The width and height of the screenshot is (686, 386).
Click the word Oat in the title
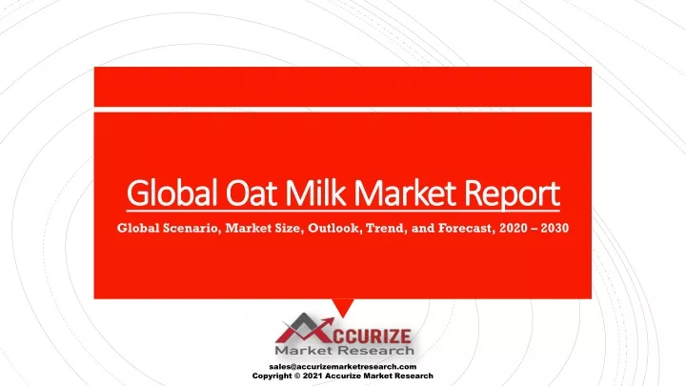(252, 193)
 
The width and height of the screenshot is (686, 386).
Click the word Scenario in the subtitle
(192, 228)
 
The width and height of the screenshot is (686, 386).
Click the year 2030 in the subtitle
(555, 228)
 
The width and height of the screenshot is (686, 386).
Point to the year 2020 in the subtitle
(514, 228)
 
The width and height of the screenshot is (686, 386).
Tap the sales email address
(343, 367)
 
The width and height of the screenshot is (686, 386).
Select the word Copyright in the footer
(272, 376)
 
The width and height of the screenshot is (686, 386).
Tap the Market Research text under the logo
(344, 350)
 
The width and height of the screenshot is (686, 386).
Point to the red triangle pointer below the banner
(343, 307)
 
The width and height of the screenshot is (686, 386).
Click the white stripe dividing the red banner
(343, 110)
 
